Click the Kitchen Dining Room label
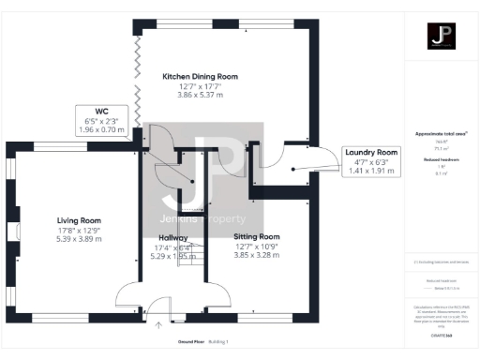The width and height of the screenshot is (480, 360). pos(200,76)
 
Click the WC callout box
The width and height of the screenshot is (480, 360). pos(103,119)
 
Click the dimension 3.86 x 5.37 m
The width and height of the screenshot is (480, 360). pos(200,97)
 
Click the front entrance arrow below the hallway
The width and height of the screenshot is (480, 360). pos(158,325)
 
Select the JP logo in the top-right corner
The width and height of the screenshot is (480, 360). pos(441,37)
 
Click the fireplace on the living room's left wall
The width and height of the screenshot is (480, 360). pos(14,232)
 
